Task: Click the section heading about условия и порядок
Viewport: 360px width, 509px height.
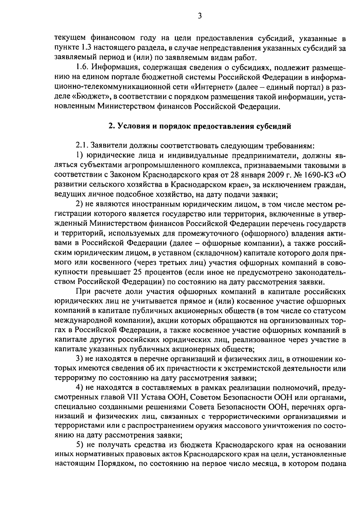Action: click(200, 126)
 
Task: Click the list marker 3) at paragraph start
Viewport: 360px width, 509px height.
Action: click(79, 359)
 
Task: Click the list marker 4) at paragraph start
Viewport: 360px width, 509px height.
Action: click(79, 388)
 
